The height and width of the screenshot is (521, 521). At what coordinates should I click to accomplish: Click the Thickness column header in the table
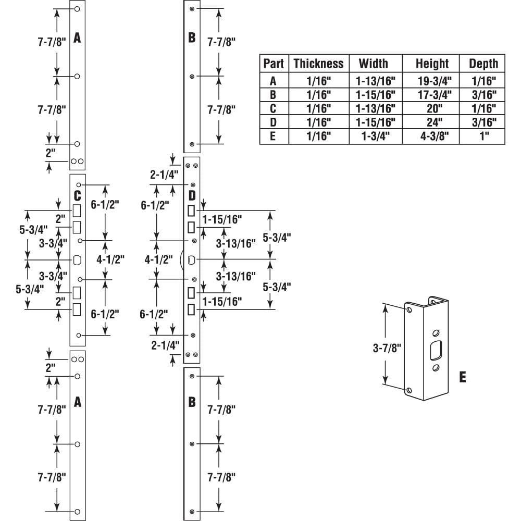318,64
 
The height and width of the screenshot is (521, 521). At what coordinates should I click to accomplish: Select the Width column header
374,64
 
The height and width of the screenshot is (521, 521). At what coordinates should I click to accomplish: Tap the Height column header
432,64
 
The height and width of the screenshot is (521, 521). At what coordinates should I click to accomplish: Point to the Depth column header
483,64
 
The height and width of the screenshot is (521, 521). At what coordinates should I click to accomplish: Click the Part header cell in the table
274,64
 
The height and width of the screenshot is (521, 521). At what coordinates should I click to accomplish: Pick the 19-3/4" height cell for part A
432,81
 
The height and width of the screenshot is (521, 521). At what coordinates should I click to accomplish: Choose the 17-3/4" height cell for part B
432,95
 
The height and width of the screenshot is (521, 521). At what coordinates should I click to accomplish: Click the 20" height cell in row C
432,109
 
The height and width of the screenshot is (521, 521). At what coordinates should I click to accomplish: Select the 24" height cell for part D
432,123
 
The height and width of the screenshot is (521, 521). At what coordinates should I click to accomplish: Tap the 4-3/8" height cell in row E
432,137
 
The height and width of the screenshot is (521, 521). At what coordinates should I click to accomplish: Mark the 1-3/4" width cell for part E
374,137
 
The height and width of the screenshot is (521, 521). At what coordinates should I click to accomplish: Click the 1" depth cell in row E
483,137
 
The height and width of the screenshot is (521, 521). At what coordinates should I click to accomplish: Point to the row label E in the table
274,137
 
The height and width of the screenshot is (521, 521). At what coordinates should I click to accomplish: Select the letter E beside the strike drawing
462,376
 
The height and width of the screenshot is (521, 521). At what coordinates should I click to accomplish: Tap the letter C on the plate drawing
77,196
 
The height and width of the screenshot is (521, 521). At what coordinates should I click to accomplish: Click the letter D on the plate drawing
192,196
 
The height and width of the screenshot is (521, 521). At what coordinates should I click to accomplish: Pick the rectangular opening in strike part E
435,350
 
